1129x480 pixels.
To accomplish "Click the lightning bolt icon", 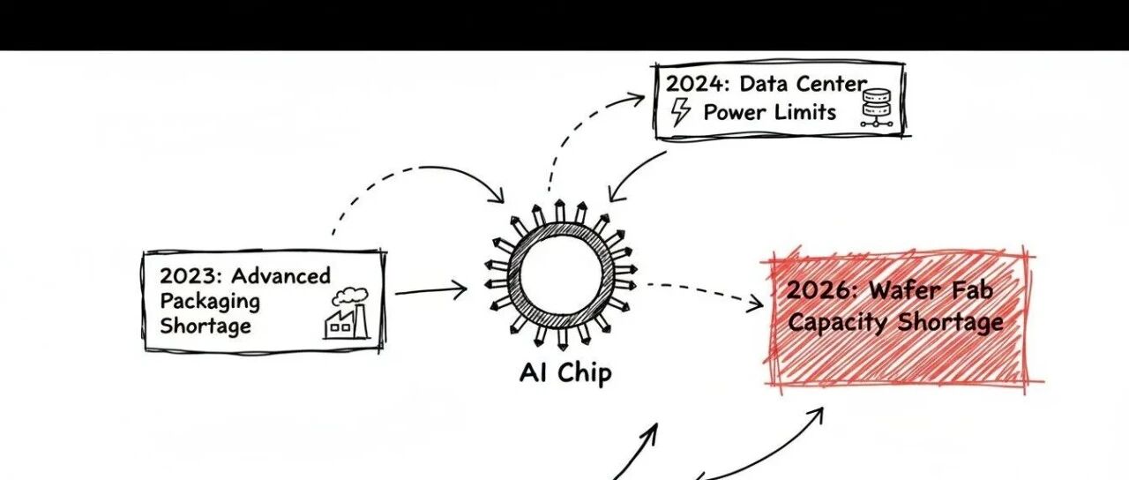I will pyautogui.click(x=681, y=112).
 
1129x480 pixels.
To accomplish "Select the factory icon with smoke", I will pyautogui.click(x=347, y=314).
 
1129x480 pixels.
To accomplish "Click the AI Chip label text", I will pyautogui.click(x=564, y=373).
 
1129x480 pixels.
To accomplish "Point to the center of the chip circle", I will pyautogui.click(x=560, y=274).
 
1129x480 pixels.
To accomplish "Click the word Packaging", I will pyautogui.click(x=210, y=302).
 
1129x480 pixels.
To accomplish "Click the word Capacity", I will pyautogui.click(x=837, y=322).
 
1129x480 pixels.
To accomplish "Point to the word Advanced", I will pyautogui.click(x=280, y=276).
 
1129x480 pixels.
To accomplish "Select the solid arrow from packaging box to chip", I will pyautogui.click(x=430, y=289).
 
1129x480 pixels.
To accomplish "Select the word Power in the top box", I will pyautogui.click(x=734, y=112).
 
